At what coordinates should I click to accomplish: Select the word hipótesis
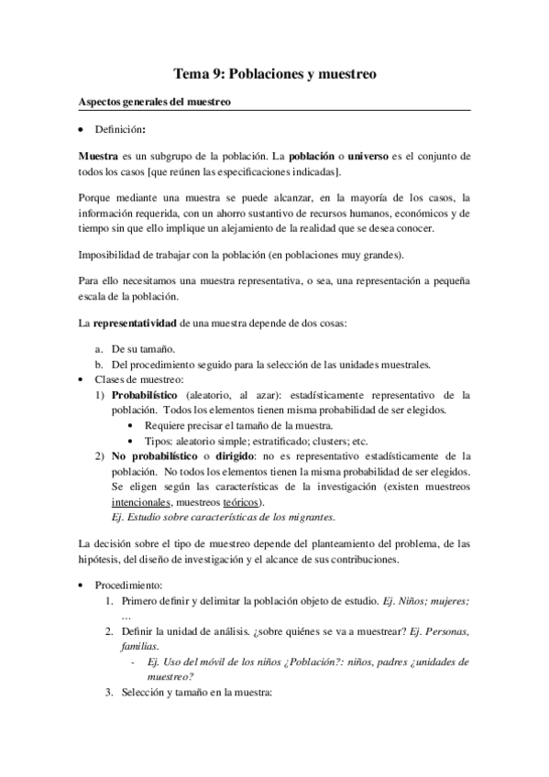tap(99, 559)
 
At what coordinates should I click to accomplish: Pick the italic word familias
tap(139, 646)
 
